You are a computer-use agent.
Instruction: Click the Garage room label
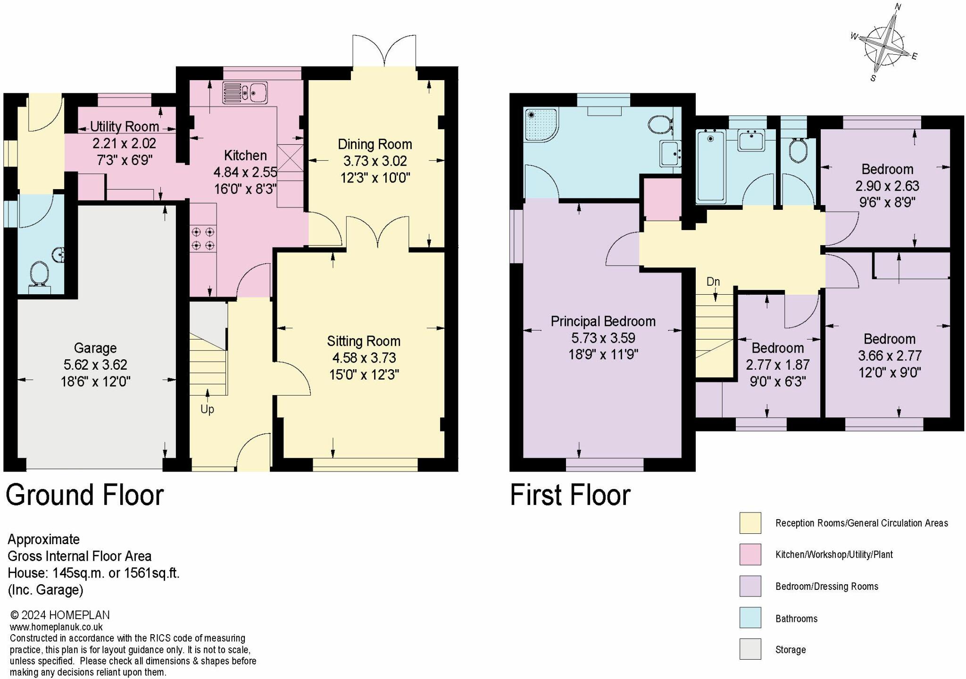tap(95, 348)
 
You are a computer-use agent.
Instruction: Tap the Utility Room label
tap(125, 126)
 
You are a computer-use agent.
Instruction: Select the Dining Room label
tap(375, 144)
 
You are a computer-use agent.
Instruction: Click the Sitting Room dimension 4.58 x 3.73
tap(364, 358)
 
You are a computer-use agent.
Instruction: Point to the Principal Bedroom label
tap(603, 322)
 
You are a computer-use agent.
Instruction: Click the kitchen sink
tap(245, 93)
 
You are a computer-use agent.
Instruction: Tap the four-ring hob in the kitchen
tap(203, 239)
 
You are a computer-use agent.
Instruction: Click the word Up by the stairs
tap(207, 409)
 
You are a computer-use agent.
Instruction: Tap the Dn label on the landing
tap(713, 282)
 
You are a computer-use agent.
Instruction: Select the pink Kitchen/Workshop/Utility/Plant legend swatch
tap(750, 554)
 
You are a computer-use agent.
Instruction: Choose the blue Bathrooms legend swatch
tap(750, 618)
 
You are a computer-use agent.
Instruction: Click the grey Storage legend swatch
tap(750, 649)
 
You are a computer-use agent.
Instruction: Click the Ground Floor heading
tap(85, 495)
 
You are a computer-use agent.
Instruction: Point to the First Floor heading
tap(570, 495)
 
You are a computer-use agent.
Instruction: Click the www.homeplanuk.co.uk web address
tap(56, 627)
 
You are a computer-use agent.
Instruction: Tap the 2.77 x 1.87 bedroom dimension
tap(778, 365)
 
